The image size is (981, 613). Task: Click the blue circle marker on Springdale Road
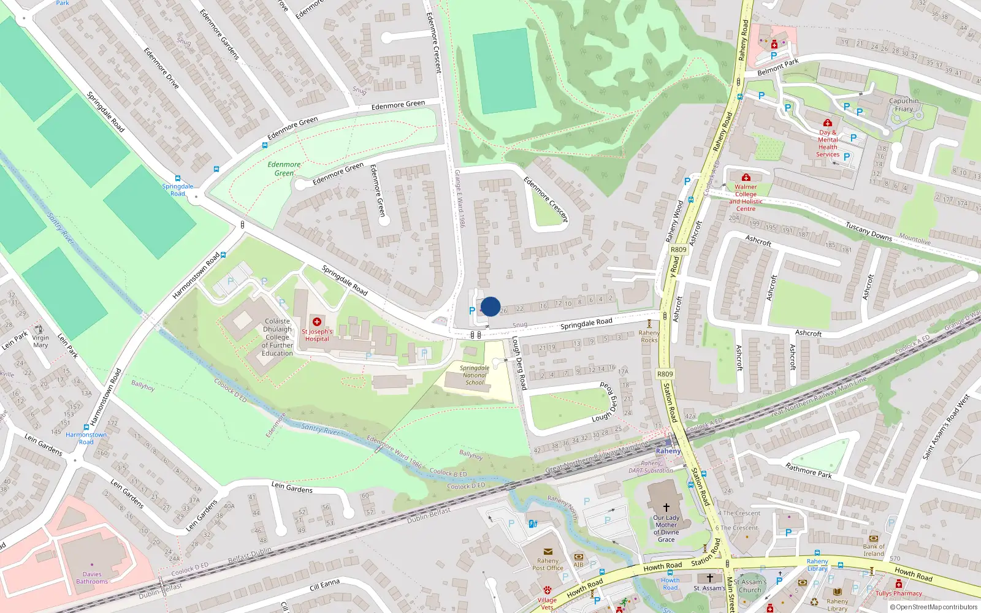tap(490, 306)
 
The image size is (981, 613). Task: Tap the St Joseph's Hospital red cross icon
tap(317, 322)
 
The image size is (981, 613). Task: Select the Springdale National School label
tap(475, 375)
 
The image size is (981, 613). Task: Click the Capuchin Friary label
tap(904, 105)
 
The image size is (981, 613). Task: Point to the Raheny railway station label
tap(668, 451)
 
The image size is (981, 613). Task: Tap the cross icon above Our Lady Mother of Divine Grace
tap(666, 508)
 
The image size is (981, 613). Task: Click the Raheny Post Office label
tap(548, 564)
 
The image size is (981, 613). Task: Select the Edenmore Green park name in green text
tap(284, 169)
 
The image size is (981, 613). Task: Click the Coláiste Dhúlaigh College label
tap(277, 337)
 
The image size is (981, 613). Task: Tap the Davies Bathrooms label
tap(92, 577)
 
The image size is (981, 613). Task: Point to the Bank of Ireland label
tap(874, 550)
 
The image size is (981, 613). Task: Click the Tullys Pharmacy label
tap(898, 593)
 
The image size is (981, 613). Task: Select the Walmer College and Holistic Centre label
tap(746, 197)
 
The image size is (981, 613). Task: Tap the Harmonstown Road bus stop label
tap(86, 438)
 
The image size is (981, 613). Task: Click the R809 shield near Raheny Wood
tap(679, 249)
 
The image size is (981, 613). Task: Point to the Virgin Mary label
tap(40, 341)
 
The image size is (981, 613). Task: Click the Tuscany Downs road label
tap(869, 232)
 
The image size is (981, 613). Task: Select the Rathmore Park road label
tap(809, 470)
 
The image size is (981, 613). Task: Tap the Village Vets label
tap(547, 603)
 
